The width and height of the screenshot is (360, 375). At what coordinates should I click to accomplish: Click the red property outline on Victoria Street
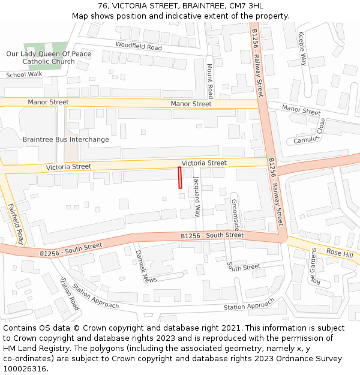pyautogui.click(x=180, y=178)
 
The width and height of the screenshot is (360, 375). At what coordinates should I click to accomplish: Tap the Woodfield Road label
pyautogui.click(x=139, y=46)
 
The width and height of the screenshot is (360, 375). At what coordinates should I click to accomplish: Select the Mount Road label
pyautogui.click(x=210, y=82)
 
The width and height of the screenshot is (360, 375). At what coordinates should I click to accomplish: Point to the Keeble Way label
pyautogui.click(x=303, y=49)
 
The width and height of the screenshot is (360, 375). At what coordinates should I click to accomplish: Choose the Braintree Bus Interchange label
pyautogui.click(x=66, y=140)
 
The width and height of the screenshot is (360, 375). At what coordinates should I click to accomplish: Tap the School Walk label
pyautogui.click(x=24, y=75)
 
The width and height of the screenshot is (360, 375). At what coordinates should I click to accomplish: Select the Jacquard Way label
pyautogui.click(x=197, y=196)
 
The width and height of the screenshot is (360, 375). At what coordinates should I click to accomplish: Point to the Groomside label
pyautogui.click(x=235, y=215)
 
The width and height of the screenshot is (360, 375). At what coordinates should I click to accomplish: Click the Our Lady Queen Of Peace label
pyautogui.click(x=49, y=53)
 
